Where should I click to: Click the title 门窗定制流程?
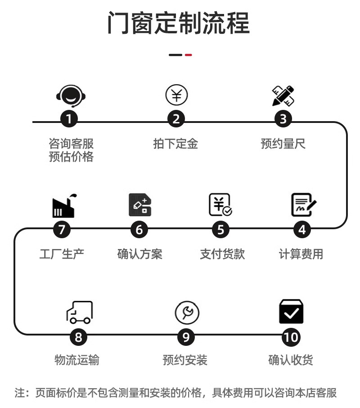click(178, 23)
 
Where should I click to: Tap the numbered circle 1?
click(69, 119)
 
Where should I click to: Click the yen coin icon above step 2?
click(176, 95)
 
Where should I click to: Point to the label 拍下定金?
click(175, 144)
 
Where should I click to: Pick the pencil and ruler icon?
click(283, 95)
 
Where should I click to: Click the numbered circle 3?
click(283, 119)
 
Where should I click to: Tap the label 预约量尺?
click(283, 144)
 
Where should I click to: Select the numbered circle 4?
click(302, 230)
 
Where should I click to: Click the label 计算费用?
click(301, 254)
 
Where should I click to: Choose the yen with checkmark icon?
click(220, 205)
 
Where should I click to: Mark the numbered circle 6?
click(139, 230)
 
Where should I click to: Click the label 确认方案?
click(139, 254)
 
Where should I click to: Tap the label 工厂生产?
click(62, 254)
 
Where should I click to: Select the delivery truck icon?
click(79, 312)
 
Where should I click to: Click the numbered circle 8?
click(79, 337)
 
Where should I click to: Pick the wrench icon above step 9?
click(187, 313)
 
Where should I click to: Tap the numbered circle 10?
click(292, 337)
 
